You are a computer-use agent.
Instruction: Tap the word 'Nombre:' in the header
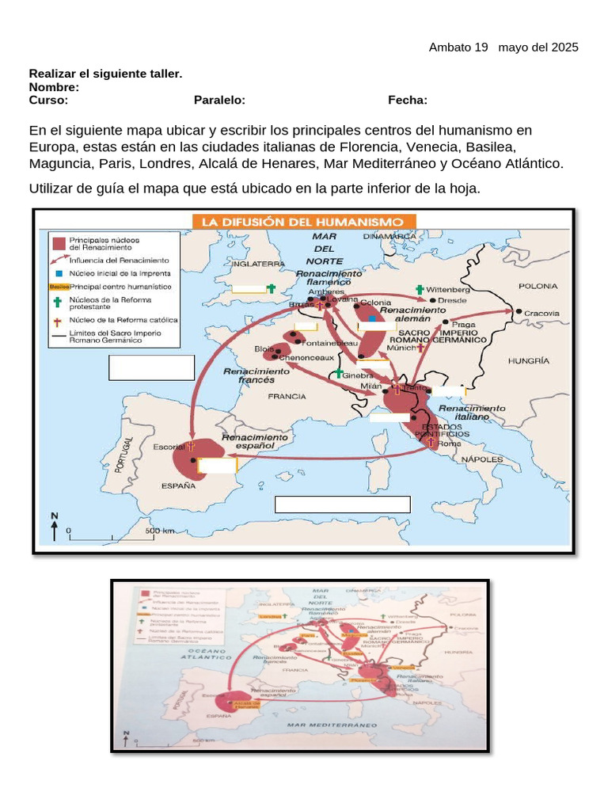[54, 87]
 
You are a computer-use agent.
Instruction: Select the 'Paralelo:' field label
[219, 100]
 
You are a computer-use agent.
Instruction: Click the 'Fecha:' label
[408, 100]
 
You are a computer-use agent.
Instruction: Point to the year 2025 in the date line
[563, 48]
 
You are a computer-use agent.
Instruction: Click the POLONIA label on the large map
[538, 286]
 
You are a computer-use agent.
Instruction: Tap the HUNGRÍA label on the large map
[529, 360]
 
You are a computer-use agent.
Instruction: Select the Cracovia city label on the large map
[542, 313]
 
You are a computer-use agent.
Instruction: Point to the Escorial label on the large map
[169, 447]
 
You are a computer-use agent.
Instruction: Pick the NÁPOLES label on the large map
[482, 459]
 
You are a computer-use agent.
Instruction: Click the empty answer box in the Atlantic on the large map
[151, 367]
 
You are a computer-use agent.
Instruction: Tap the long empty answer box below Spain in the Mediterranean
[342, 504]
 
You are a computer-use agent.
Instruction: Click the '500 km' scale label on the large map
[160, 530]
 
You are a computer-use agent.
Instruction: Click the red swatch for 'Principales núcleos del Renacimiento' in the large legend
[58, 242]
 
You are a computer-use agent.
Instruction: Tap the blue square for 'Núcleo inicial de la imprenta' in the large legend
[58, 272]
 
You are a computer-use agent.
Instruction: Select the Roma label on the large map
[449, 444]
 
